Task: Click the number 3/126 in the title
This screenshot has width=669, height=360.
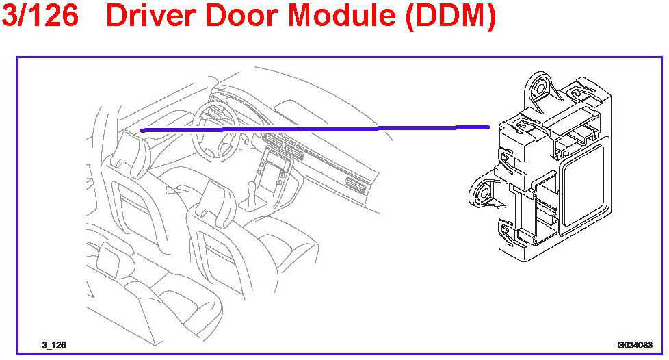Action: point(40,16)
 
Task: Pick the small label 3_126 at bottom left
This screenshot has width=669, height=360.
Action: point(53,346)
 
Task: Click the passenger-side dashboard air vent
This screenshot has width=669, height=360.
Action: point(356,185)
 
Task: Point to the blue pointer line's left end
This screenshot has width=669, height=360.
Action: point(141,130)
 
